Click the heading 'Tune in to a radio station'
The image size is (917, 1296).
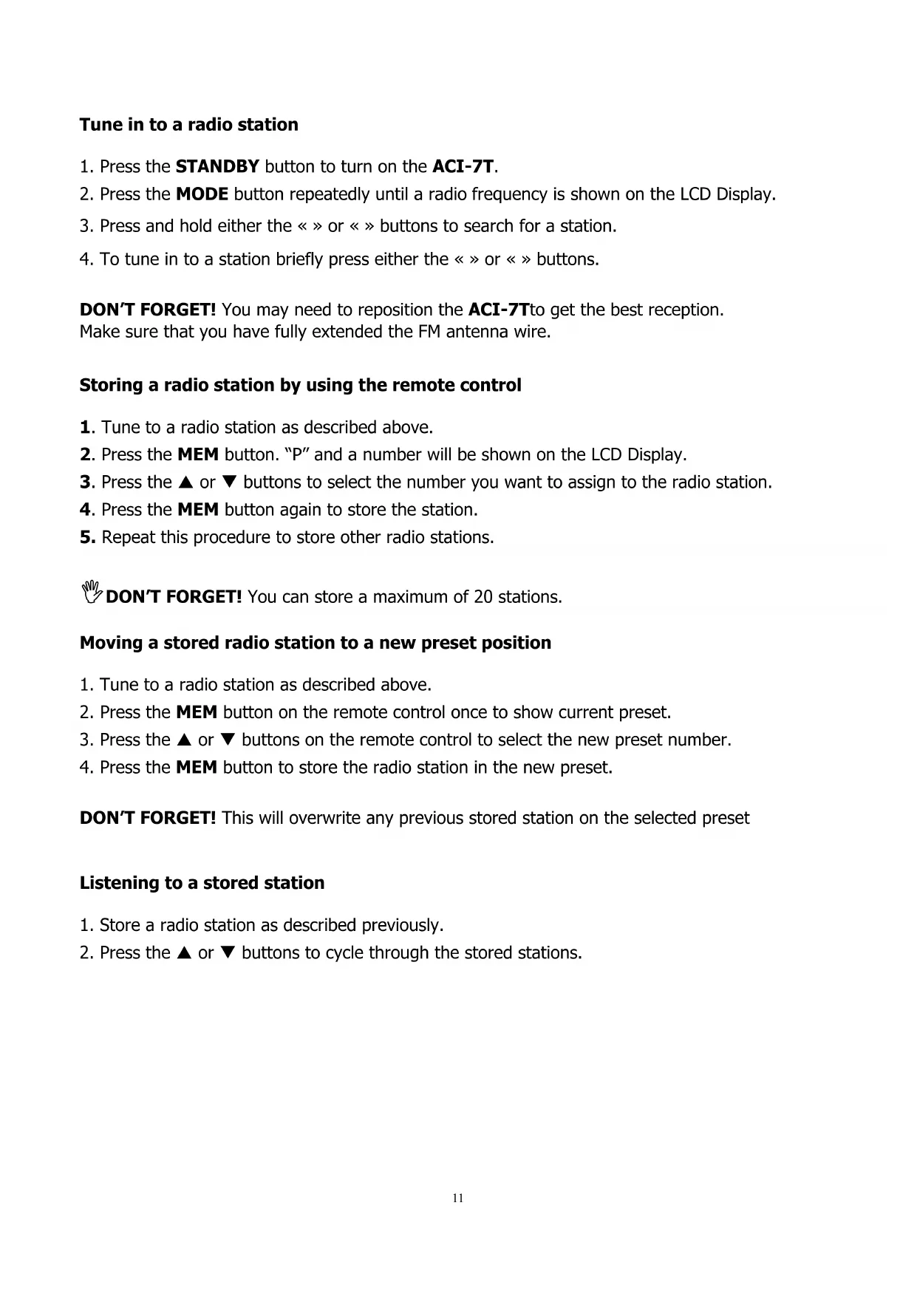188,124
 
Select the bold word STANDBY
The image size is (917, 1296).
217,166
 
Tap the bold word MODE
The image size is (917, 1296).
202,194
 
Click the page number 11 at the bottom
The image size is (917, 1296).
458,1198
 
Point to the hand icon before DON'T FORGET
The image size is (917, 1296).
92,592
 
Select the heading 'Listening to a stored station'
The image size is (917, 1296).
202,883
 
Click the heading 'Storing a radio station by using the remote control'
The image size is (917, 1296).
300,385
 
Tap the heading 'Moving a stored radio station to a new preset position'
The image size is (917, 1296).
315,643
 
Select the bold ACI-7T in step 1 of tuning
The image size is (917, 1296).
463,166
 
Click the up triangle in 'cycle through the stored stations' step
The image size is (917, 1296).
185,953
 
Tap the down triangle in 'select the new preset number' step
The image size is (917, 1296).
229,740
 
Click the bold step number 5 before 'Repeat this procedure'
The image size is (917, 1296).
86,537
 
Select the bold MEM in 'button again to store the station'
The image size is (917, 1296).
199,510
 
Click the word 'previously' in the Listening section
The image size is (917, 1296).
400,925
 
